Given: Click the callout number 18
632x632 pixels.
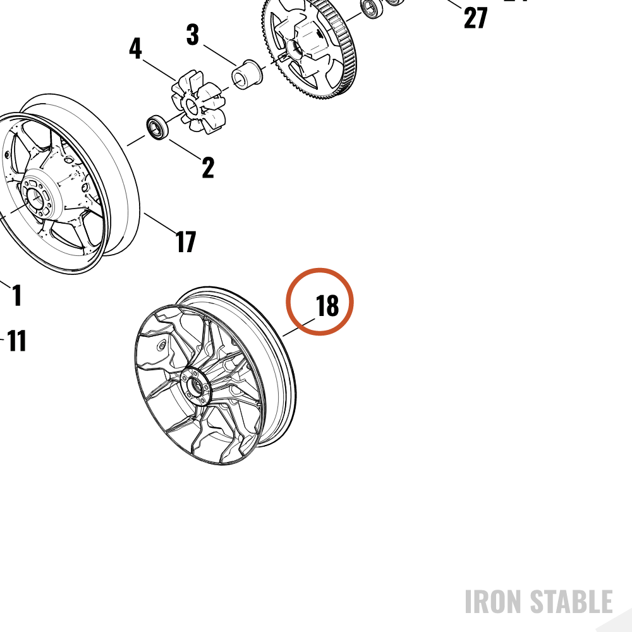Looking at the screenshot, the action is (x=327, y=306).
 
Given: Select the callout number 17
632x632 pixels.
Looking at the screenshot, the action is (x=186, y=241).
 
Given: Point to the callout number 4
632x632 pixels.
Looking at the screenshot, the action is (x=135, y=49).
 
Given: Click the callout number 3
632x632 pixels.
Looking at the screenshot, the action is (x=193, y=34).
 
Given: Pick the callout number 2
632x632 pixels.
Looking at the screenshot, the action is (x=208, y=167).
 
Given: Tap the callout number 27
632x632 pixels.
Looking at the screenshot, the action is (x=476, y=18).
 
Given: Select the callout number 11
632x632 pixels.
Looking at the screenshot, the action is (x=17, y=341).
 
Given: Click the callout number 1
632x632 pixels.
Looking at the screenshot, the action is (x=16, y=295).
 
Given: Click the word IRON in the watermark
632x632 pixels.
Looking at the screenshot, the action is (x=494, y=602).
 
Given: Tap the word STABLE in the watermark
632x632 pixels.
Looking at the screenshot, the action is (x=571, y=602).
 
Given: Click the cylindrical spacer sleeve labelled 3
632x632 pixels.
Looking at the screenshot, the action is (x=246, y=75).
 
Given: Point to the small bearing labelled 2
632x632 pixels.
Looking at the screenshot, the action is (x=157, y=128).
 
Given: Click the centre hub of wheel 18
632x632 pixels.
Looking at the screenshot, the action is (x=196, y=386).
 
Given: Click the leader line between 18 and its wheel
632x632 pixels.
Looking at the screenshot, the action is (x=299, y=327).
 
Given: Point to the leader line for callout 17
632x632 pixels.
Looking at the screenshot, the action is (x=160, y=223).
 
